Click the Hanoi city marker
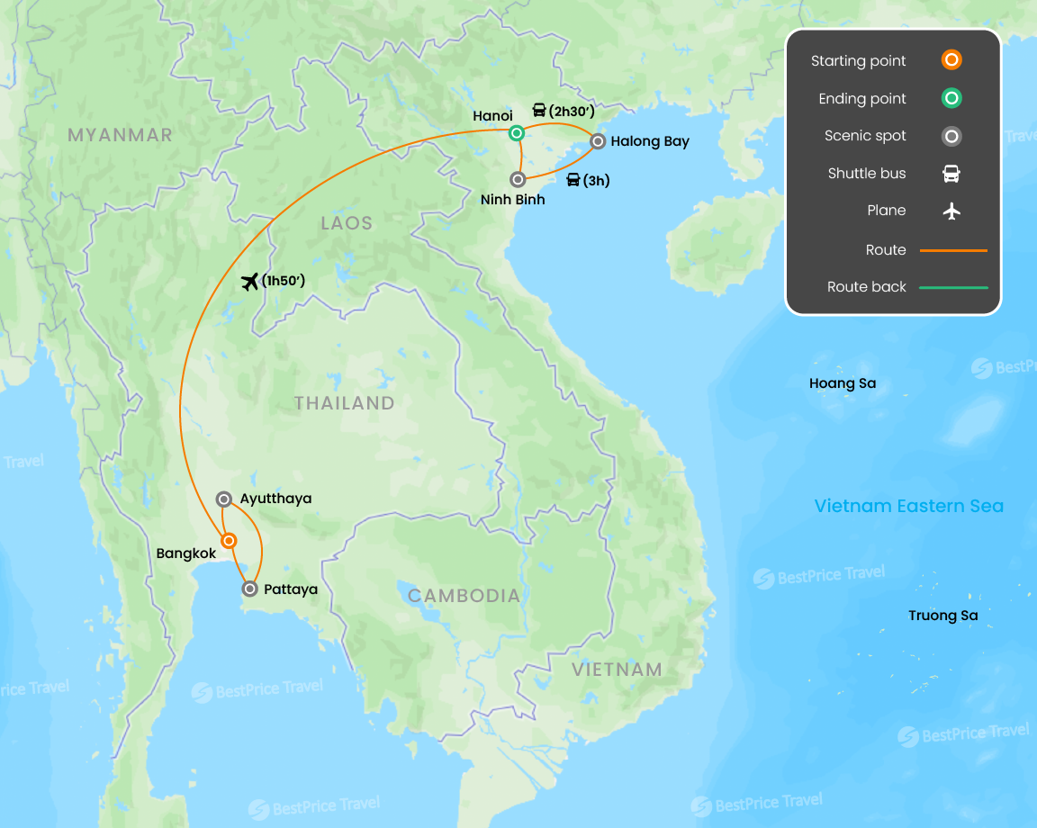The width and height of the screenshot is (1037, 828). click(x=516, y=133)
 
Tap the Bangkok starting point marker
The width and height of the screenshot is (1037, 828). click(x=230, y=541)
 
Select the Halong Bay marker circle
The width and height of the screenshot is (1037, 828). click(x=598, y=140)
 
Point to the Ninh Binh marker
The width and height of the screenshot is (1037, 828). click(x=518, y=179)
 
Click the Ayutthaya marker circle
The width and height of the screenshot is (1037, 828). click(x=224, y=499)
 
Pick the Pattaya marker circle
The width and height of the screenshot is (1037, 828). click(x=250, y=589)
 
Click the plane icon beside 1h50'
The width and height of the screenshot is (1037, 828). click(x=250, y=282)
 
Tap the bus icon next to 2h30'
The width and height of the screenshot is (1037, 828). click(x=539, y=111)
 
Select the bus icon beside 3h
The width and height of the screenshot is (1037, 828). click(x=573, y=180)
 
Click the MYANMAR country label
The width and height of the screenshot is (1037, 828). click(x=120, y=135)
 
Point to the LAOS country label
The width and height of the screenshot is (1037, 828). click(x=347, y=223)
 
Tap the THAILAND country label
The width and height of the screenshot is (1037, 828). click(x=345, y=403)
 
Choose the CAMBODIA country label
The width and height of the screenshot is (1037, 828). click(x=464, y=596)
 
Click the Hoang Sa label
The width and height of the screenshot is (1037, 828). click(x=842, y=383)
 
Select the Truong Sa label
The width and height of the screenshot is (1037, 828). click(x=942, y=616)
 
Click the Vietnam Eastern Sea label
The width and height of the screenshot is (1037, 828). click(x=908, y=506)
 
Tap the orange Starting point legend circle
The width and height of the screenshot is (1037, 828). click(x=951, y=60)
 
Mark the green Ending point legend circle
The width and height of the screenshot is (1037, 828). click(x=951, y=98)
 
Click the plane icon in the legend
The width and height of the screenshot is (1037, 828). click(x=951, y=211)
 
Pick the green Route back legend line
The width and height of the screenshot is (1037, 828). click(x=953, y=287)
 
